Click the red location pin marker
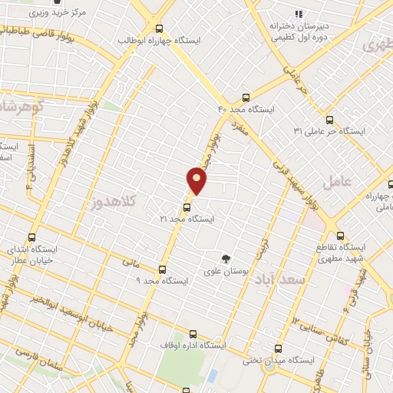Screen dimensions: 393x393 pyautogui.click(x=197, y=180)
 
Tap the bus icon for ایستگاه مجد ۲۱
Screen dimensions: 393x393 pyautogui.click(x=187, y=206)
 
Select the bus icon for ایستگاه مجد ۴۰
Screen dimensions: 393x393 pyautogui.click(x=246, y=97)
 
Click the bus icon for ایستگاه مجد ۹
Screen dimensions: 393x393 pyautogui.click(x=162, y=269)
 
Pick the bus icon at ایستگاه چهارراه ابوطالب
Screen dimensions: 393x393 pyautogui.click(x=158, y=27)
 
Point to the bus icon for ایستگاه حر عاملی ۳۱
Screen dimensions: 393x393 pyautogui.click(x=330, y=120)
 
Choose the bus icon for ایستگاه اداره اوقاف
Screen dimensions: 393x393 pyautogui.click(x=192, y=335)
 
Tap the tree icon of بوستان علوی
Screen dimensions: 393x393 pyautogui.click(x=226, y=259)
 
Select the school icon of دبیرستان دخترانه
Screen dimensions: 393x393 pyautogui.click(x=299, y=14)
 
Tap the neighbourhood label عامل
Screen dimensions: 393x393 pyautogui.click(x=336, y=183)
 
